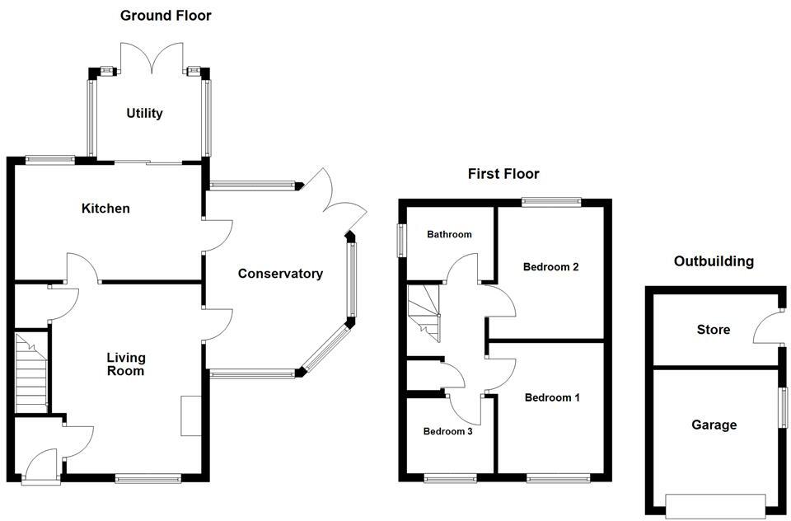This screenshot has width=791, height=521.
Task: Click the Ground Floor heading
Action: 166,15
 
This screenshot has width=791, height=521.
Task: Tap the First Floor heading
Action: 503,174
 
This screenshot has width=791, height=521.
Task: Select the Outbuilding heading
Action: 714,261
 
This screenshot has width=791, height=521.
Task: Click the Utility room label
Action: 144,113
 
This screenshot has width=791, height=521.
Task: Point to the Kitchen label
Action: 105,209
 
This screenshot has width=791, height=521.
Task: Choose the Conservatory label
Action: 280,274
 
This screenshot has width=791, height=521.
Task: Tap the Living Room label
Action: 125,364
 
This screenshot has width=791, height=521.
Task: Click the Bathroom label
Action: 449,235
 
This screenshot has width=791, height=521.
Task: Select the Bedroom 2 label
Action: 551,267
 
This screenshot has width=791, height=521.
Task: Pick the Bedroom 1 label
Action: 552,397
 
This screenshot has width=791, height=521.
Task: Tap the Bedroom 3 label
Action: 447,431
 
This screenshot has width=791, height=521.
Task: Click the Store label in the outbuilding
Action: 713,330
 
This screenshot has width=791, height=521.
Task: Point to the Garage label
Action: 714,425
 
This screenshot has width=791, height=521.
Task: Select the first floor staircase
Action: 424,312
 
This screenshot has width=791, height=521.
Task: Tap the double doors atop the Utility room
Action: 149,58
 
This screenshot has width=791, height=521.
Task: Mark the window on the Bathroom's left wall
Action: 402,241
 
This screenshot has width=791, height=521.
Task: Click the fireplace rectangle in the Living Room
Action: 190,415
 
